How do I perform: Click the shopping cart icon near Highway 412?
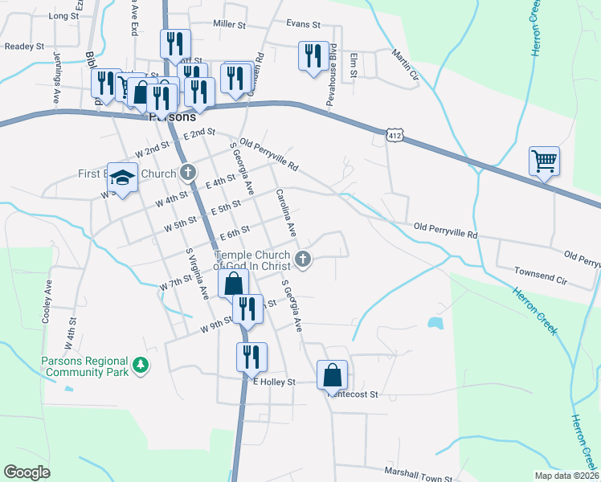(544, 161)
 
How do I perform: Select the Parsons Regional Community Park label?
(84, 366)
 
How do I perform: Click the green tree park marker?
(141, 366)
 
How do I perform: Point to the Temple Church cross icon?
(303, 258)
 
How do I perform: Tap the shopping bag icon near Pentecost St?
(332, 374)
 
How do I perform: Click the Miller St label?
(228, 25)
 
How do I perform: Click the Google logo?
(27, 472)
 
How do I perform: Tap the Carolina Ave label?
(287, 212)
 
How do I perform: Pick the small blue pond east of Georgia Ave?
(435, 323)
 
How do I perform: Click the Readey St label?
(23, 47)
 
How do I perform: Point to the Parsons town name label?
(171, 116)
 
